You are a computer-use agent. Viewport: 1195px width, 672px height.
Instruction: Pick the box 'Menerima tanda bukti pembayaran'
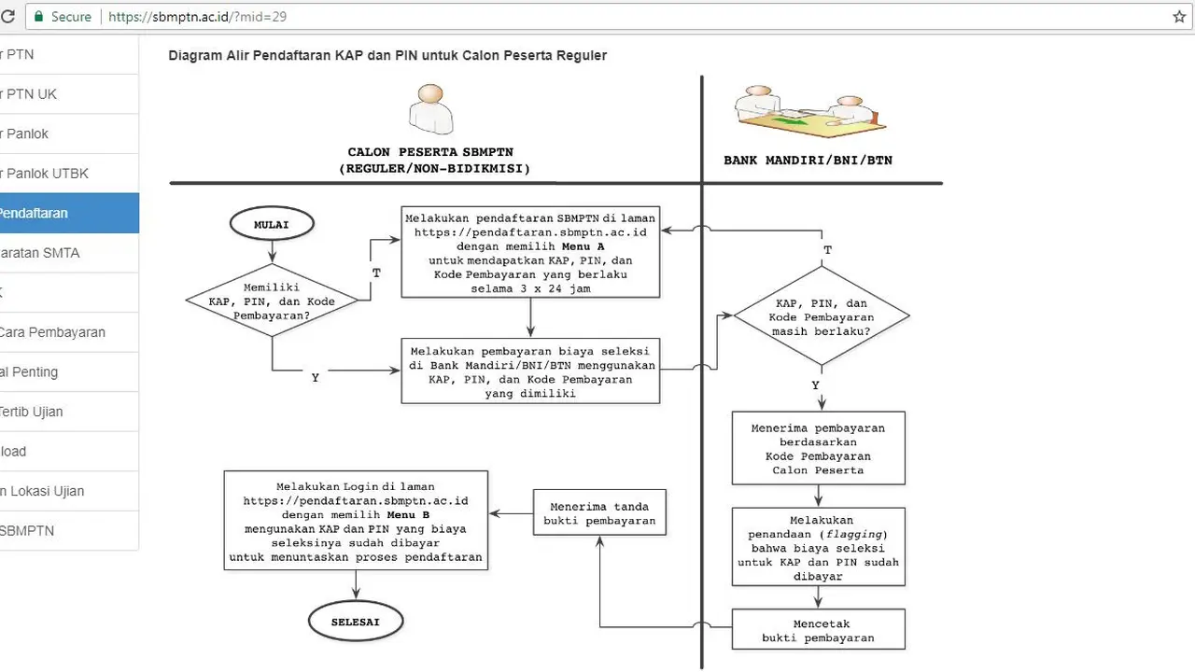[599, 512]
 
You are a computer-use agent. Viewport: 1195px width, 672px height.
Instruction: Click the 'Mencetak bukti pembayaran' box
[819, 630]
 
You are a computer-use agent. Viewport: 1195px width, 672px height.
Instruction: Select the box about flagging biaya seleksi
[819, 547]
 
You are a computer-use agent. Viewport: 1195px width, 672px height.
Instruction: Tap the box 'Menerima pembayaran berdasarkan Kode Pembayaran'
[819, 449]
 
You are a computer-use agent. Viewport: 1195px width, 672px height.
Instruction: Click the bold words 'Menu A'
[583, 246]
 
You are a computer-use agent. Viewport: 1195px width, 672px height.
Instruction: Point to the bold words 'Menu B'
[408, 515]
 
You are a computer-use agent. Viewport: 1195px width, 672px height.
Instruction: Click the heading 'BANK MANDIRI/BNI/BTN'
[808, 160]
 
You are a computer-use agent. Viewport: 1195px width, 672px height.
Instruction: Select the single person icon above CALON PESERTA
[431, 109]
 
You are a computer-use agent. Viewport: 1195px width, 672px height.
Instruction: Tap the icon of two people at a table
[809, 111]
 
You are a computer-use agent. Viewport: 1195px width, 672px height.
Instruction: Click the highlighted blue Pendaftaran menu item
[69, 214]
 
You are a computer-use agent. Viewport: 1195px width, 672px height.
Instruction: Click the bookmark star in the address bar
[1179, 17]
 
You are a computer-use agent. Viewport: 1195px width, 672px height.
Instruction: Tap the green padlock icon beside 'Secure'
[38, 17]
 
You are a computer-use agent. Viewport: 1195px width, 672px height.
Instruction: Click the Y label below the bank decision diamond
[815, 385]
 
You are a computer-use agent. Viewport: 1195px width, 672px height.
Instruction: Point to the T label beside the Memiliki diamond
[376, 273]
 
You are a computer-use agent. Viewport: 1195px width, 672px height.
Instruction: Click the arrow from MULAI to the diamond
[272, 252]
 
